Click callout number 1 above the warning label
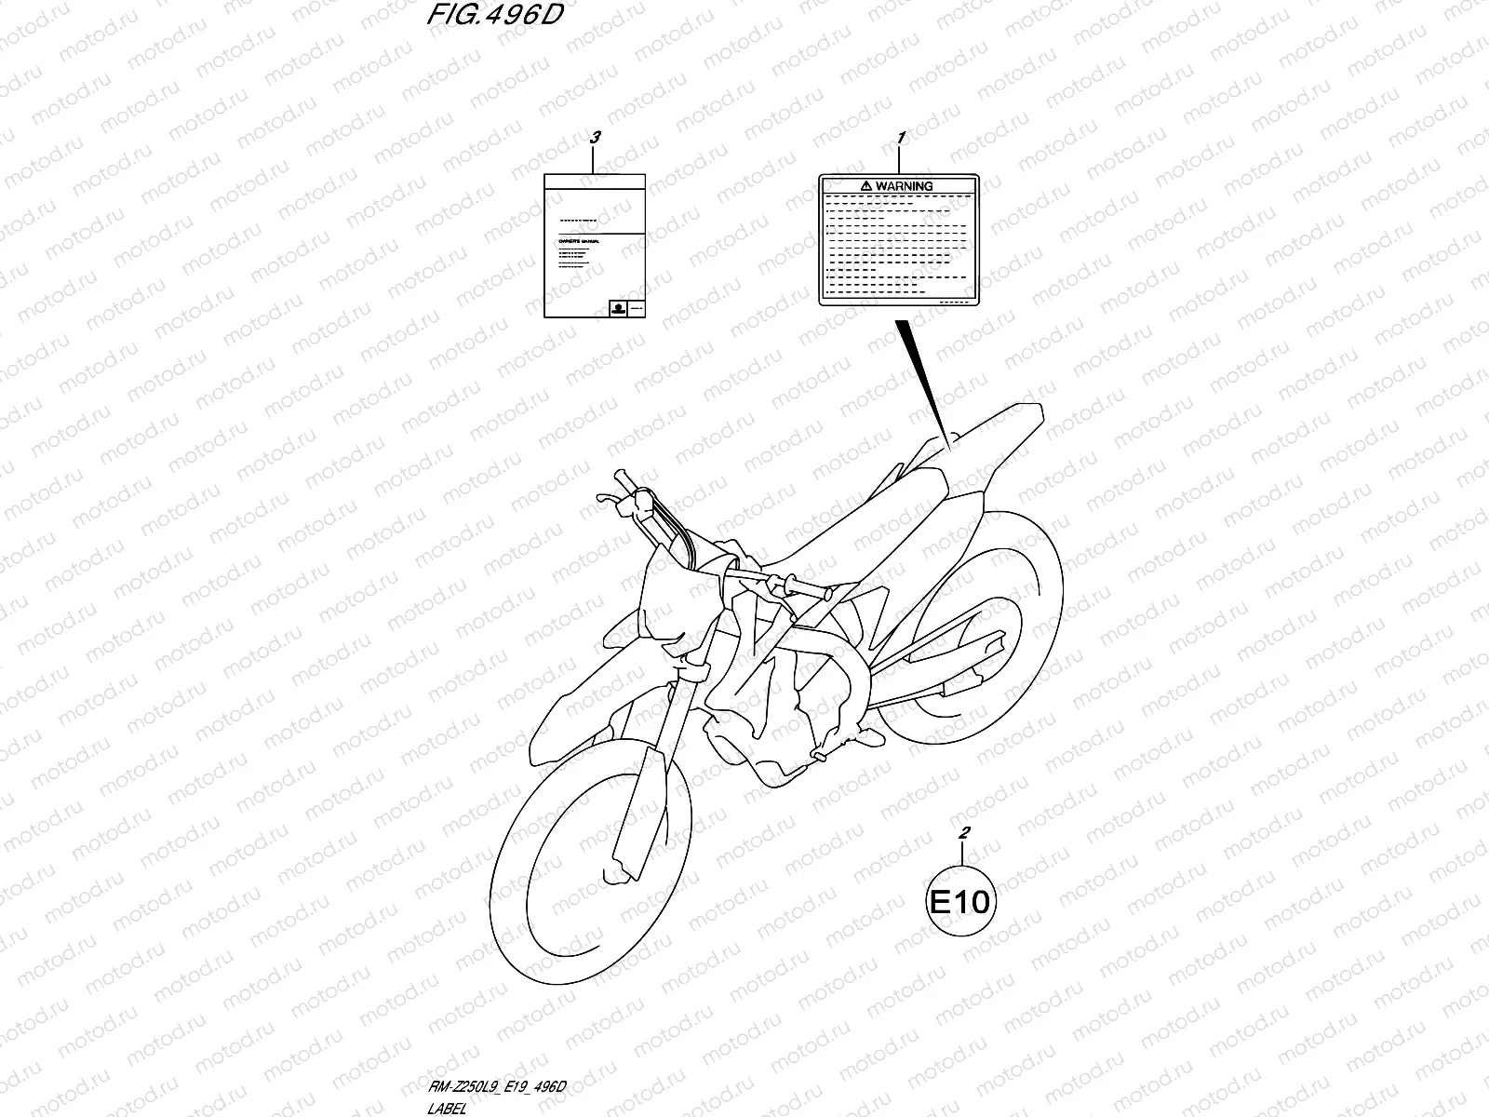(x=901, y=138)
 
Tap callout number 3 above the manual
(x=596, y=138)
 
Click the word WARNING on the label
(x=904, y=186)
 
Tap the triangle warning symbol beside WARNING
(x=865, y=186)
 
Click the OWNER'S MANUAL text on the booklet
(x=576, y=241)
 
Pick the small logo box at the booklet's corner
(x=615, y=308)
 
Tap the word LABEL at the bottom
(x=447, y=1108)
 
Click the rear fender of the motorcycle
(x=996, y=428)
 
